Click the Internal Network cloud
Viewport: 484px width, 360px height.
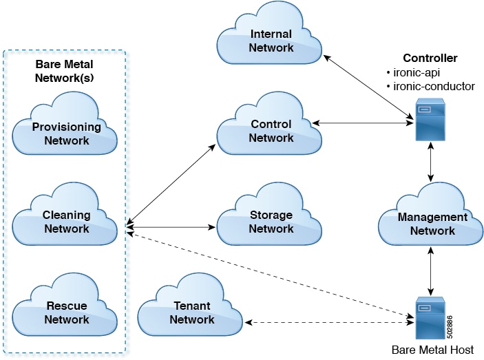click(x=271, y=41)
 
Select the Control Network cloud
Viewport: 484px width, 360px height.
click(x=271, y=131)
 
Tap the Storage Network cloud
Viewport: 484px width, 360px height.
click(x=271, y=222)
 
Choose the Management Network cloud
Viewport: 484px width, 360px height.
click(x=432, y=224)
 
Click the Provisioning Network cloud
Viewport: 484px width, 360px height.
click(x=67, y=134)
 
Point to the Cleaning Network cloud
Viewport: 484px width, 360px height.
click(x=67, y=222)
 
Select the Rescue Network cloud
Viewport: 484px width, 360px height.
click(x=67, y=313)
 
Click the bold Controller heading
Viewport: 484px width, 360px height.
click(x=430, y=58)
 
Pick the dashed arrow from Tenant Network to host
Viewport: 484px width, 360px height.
click(x=326, y=321)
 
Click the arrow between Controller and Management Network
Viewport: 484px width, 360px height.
click(x=431, y=164)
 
